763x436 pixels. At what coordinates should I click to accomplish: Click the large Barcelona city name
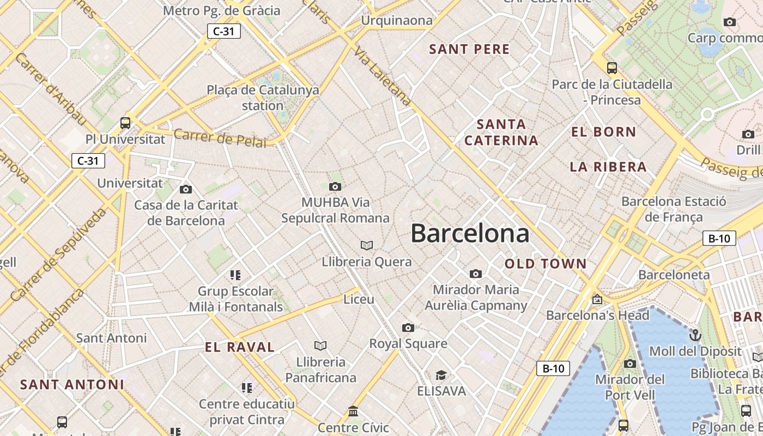[x=470, y=233]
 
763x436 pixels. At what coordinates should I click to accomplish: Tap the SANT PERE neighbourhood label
[x=469, y=49]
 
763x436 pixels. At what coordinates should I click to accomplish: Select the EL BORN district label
[x=603, y=132]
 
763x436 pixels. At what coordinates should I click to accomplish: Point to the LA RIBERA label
[x=608, y=167]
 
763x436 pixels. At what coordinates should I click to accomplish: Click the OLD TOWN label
[x=546, y=264]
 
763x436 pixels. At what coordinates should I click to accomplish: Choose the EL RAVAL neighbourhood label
[x=240, y=347]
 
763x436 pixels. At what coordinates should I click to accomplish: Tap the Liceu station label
[x=359, y=299]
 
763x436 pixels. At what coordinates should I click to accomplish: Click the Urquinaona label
[x=397, y=21]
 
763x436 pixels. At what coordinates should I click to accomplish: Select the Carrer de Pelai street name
[x=220, y=138]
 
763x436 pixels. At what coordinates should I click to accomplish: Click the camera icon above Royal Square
[x=408, y=328]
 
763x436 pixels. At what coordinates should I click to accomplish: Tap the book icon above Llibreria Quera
[x=367, y=245]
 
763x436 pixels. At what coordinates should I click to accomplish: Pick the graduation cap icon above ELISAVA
[x=441, y=375]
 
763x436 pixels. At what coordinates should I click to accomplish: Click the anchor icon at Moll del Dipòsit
[x=695, y=335]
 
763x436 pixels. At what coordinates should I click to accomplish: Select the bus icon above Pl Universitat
[x=125, y=123]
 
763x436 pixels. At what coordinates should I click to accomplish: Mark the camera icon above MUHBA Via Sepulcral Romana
[x=335, y=186]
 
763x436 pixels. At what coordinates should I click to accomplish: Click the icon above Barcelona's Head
[x=597, y=299]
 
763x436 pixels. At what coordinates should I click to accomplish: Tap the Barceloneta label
[x=674, y=275]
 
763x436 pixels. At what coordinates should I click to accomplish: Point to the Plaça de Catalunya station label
[x=263, y=98]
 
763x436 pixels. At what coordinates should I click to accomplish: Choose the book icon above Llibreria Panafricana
[x=320, y=346]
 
